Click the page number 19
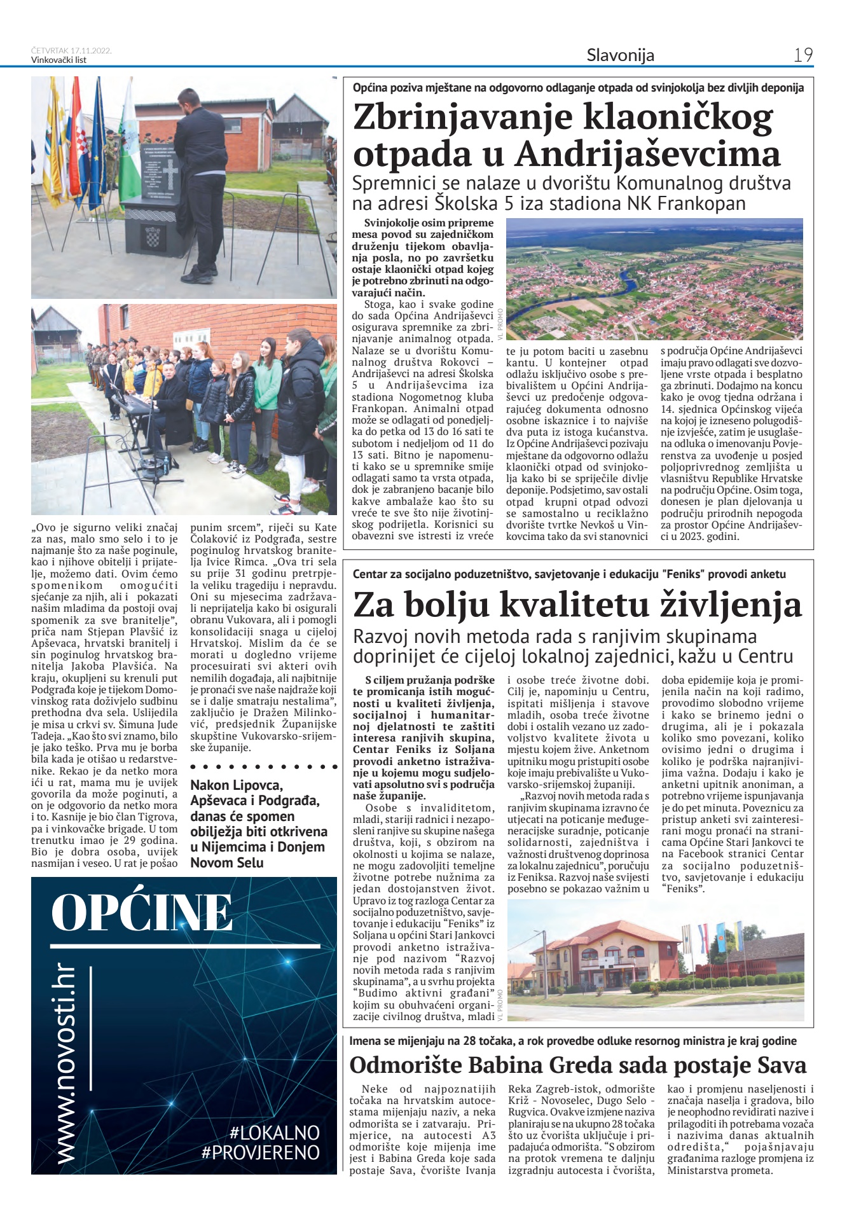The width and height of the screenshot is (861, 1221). [x=803, y=55]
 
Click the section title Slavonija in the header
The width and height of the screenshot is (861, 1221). [x=620, y=55]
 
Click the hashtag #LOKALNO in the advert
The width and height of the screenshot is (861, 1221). [x=275, y=1132]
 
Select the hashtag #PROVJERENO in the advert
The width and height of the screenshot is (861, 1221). [x=260, y=1152]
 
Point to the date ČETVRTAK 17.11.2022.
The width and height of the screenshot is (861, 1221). [x=71, y=51]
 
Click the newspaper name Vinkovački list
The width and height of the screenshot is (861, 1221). [x=59, y=60]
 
